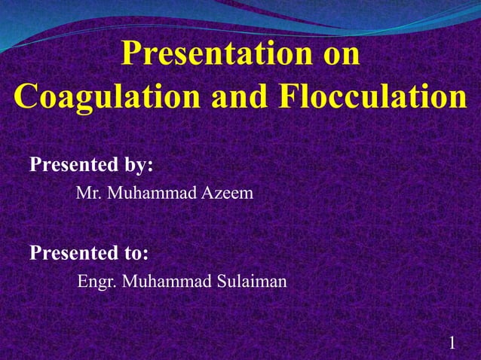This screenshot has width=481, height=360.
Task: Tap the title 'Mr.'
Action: (x=89, y=194)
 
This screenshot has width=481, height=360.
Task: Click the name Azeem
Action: (x=227, y=194)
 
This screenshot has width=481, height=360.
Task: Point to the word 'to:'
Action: (x=134, y=252)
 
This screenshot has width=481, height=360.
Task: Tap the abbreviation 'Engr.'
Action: (x=97, y=282)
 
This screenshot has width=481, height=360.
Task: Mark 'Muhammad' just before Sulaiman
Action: (x=165, y=282)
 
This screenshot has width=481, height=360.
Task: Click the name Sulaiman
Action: (x=250, y=282)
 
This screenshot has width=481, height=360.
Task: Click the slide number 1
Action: (x=452, y=343)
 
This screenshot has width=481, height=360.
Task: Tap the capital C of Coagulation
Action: (x=26, y=98)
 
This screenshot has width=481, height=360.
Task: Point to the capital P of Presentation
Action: (x=131, y=56)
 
